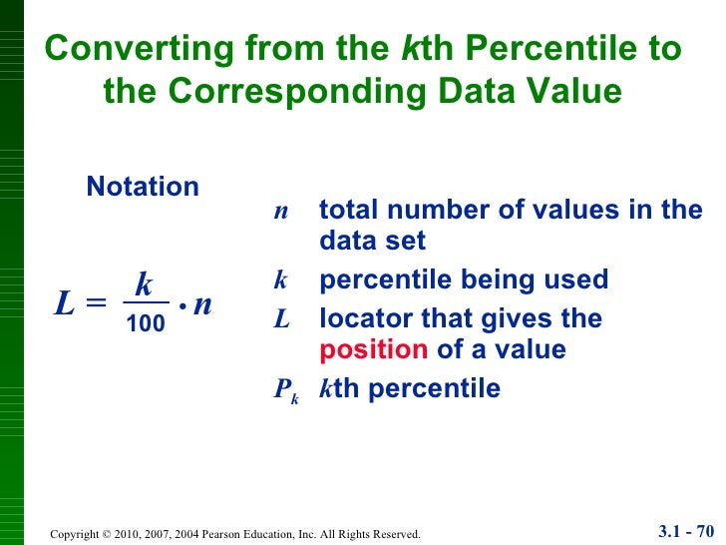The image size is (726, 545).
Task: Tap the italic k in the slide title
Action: pos(408,49)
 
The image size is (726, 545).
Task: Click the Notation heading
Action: pos(143,187)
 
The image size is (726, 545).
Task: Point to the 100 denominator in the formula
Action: pos(145,323)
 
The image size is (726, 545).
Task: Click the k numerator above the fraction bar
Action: pos(144,286)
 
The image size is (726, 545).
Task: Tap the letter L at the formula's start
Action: pos(65,305)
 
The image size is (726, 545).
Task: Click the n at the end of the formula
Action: pos(202,304)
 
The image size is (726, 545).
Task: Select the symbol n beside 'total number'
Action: pos(281,211)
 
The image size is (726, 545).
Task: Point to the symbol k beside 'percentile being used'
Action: pos(281,279)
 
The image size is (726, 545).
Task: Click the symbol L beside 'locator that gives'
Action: pos(282,319)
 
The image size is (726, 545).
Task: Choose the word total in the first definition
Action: pos(349,211)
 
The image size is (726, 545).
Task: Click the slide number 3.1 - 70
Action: pos(688,530)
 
